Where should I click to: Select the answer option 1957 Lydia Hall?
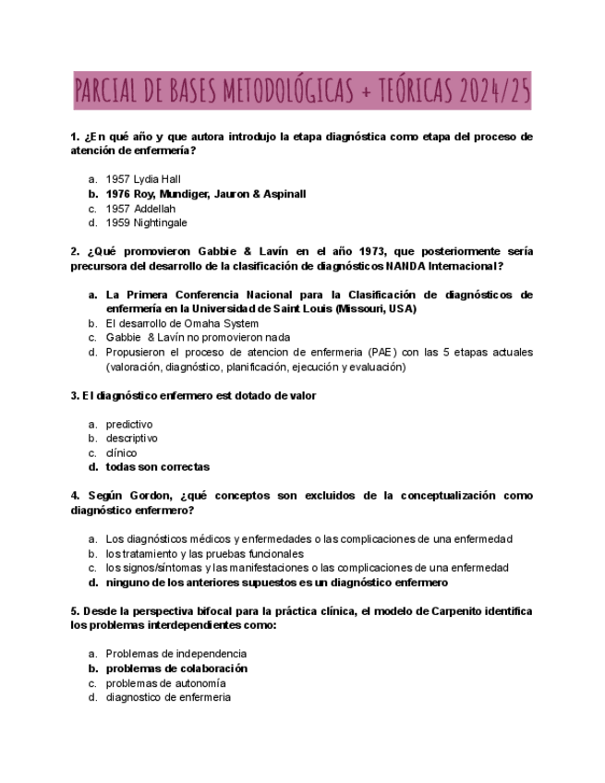click(143, 179)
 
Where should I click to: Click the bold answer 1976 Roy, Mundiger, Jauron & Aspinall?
click(205, 194)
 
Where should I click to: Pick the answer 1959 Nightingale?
click(146, 223)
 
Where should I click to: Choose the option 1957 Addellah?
click(140, 209)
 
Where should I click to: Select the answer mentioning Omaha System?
click(182, 324)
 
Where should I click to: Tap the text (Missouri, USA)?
click(376, 309)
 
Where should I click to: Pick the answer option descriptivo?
click(131, 439)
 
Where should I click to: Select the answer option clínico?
click(121, 453)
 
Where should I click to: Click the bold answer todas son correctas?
click(157, 467)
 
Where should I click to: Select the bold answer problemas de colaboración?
click(176, 669)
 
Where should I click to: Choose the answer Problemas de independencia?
click(175, 654)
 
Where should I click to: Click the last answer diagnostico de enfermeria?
click(168, 697)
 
